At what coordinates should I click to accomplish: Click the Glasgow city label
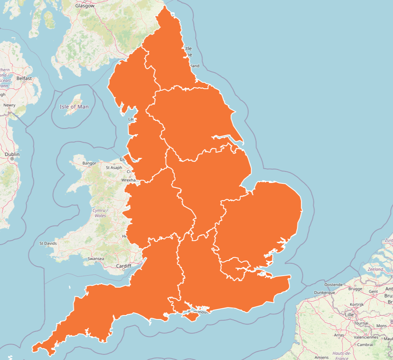point(85,6)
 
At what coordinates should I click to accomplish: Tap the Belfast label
point(24,78)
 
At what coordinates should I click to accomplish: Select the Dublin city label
point(12,154)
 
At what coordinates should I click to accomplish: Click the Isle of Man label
point(74,107)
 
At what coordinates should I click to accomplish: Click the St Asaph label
point(114,167)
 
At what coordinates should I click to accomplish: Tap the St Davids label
point(48,243)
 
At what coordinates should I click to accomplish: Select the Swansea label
point(96,259)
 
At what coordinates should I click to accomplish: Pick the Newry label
point(9,105)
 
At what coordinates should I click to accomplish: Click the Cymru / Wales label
point(100,212)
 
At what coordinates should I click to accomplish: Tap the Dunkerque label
point(324,292)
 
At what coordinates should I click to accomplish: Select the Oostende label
point(333,285)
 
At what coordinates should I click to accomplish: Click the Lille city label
point(349,315)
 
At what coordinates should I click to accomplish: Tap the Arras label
point(339,335)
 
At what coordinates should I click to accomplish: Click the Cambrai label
point(365,344)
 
